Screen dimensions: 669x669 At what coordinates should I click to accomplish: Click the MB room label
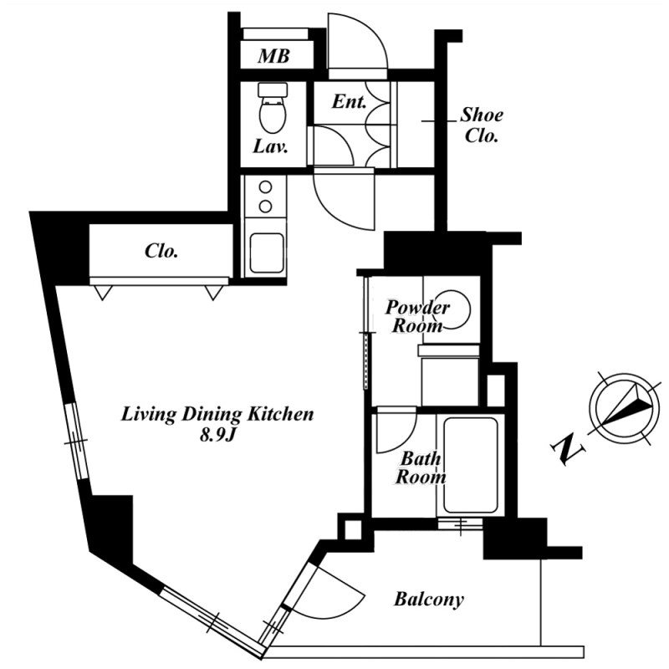(x=274, y=56)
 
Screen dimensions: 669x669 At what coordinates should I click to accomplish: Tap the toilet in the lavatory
(x=273, y=109)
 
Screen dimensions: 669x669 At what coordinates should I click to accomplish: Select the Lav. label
(x=270, y=147)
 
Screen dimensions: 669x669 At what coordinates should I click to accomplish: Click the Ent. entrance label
(x=350, y=101)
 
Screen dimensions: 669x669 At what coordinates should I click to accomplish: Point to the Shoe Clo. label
(x=482, y=125)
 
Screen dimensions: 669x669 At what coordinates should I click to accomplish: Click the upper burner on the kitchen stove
(x=265, y=187)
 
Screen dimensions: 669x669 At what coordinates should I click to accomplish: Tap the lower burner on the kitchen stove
(x=265, y=207)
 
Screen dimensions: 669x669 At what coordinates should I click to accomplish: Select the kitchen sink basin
(x=267, y=253)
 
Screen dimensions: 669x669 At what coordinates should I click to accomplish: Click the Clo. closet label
(x=161, y=251)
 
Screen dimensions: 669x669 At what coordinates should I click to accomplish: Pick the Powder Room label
(x=417, y=316)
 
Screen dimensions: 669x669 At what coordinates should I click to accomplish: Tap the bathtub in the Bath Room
(x=471, y=466)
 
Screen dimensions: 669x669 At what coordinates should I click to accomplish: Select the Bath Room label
(x=421, y=468)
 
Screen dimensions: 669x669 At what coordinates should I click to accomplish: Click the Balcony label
(x=428, y=600)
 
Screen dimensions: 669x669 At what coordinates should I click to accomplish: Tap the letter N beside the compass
(x=568, y=449)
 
